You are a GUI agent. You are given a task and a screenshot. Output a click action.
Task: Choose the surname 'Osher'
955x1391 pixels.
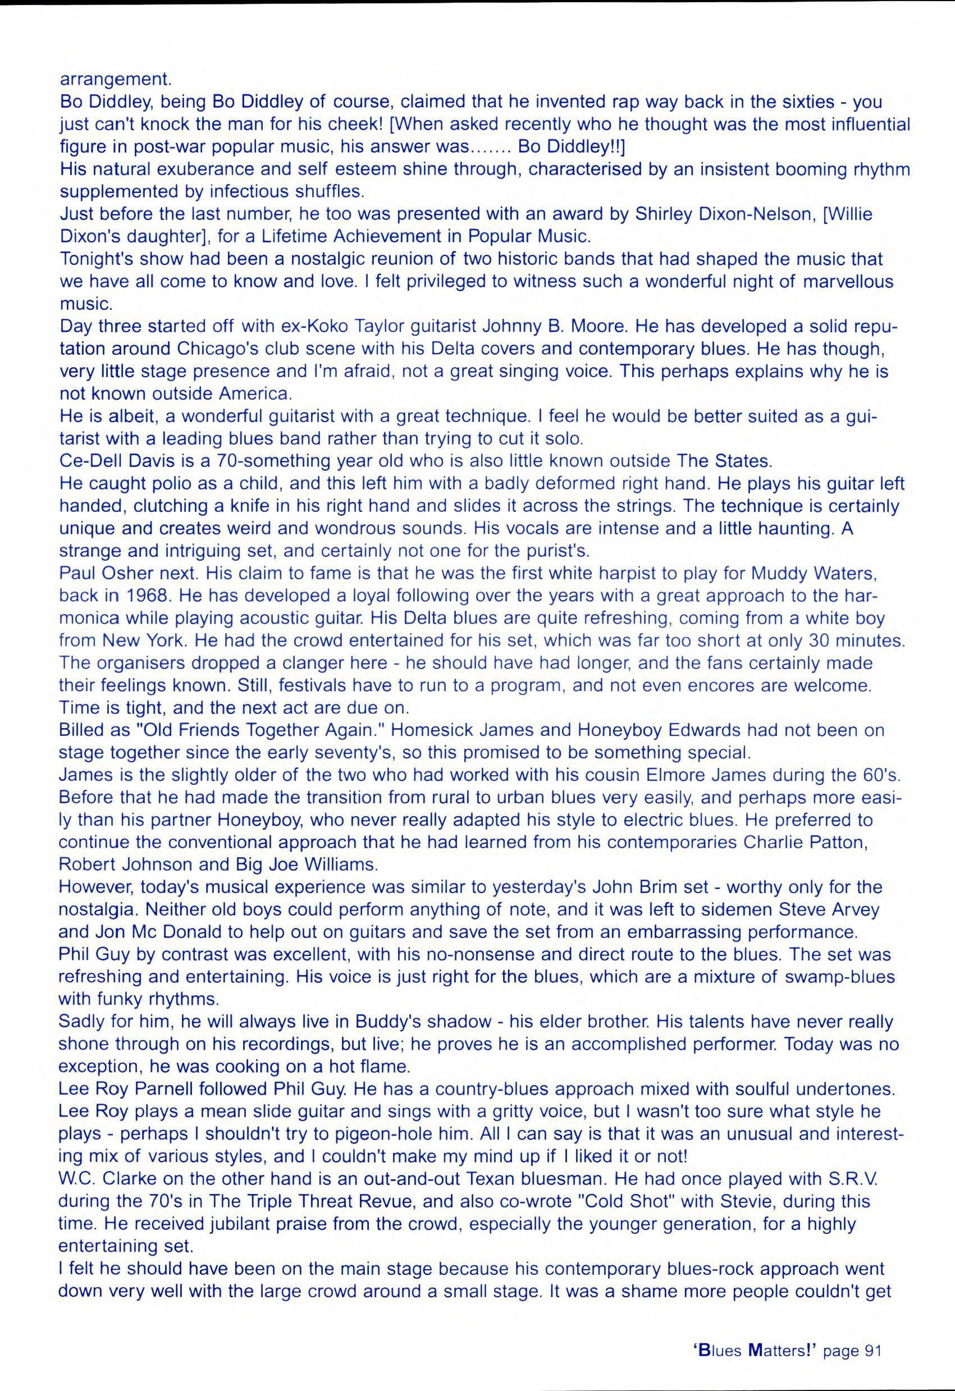click(133, 573)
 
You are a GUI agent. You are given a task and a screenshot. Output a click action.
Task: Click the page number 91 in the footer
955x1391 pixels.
click(873, 1334)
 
